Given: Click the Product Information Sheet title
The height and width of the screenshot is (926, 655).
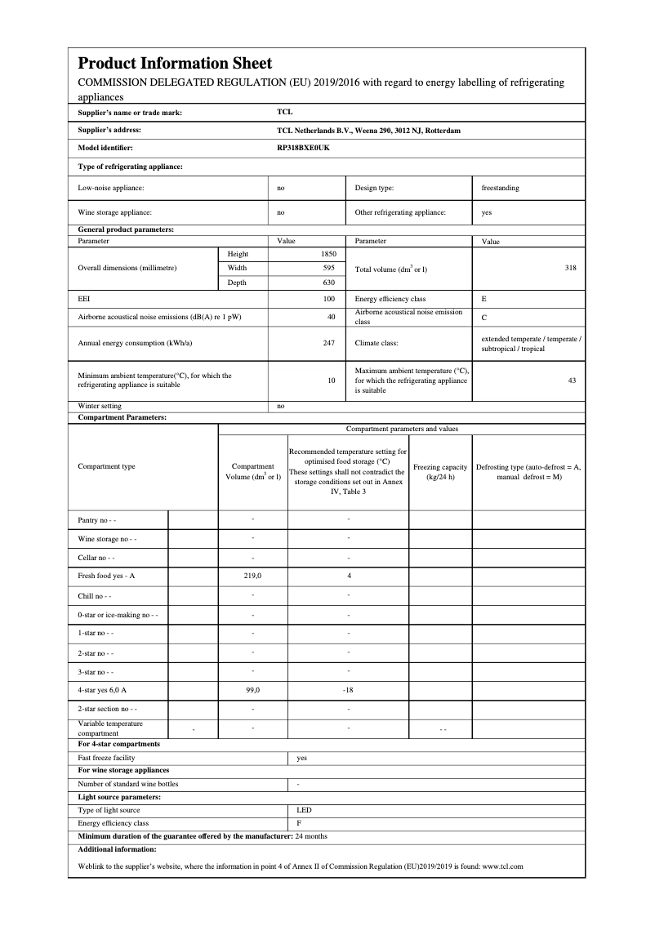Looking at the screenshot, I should (x=175, y=64).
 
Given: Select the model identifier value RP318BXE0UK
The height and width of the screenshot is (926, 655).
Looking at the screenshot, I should (x=304, y=148).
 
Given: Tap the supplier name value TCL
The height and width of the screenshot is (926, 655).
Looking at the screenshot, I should (x=284, y=113).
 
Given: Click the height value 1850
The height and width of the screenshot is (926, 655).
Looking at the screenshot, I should (x=328, y=254).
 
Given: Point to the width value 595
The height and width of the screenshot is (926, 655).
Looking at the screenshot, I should (x=329, y=268).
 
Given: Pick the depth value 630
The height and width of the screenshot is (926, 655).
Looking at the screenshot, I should (x=329, y=283).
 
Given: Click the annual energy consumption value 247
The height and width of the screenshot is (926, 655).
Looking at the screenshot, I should (x=329, y=343).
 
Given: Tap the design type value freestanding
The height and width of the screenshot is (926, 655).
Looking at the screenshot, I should (x=500, y=188).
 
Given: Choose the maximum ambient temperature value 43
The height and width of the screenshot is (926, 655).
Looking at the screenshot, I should (x=573, y=380).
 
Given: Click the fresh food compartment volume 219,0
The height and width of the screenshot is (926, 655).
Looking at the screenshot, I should (x=252, y=576).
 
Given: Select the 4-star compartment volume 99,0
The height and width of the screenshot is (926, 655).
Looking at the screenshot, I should (x=252, y=690).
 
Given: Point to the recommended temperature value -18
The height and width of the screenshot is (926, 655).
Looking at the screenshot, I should (x=348, y=690).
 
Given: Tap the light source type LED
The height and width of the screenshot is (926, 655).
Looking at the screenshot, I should (x=303, y=810).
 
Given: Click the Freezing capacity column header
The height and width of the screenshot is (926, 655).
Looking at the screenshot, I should (x=440, y=472).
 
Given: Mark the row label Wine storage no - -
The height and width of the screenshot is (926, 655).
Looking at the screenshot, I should (x=107, y=539).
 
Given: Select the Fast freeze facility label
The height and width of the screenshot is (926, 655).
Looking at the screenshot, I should (x=106, y=758).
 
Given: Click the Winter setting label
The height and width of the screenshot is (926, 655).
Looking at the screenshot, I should (x=100, y=406).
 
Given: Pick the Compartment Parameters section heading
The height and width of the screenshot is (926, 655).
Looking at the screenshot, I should (x=122, y=417).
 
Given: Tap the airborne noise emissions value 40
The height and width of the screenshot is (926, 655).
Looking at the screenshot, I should (x=331, y=316).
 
